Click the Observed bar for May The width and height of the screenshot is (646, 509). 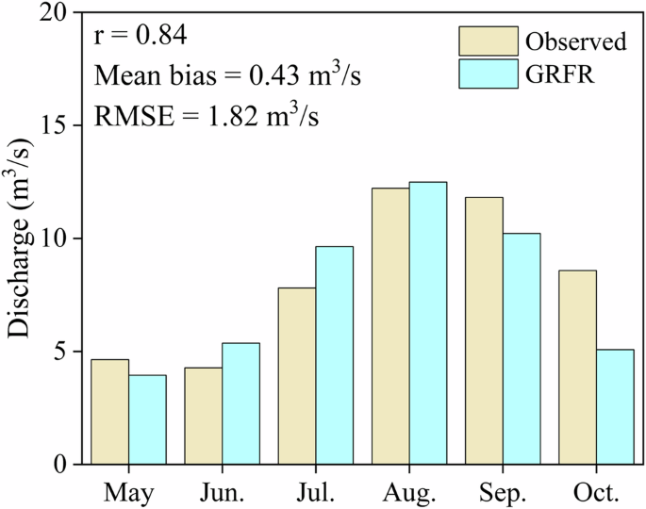coord(110,412)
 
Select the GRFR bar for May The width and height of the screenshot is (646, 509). coord(147,419)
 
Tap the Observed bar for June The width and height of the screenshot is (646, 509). coord(204,416)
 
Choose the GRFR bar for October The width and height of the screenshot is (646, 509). coord(615,407)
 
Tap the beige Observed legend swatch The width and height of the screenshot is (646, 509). coord(489,41)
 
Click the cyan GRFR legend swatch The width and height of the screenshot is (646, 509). coord(489,74)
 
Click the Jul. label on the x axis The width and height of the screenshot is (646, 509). coord(315,492)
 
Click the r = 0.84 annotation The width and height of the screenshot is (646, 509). coord(141,37)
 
